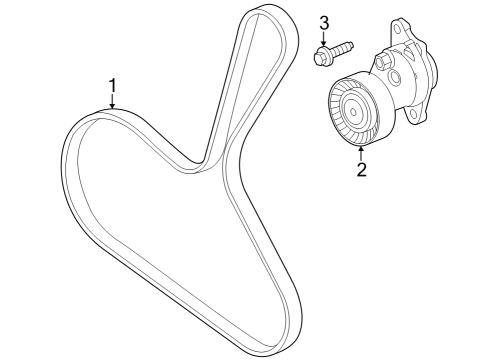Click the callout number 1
[x=113, y=85]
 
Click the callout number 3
[x=324, y=23]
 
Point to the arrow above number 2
[x=360, y=150]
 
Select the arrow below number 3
[x=324, y=40]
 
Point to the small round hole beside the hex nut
[x=398, y=76]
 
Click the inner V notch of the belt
[x=208, y=160]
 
